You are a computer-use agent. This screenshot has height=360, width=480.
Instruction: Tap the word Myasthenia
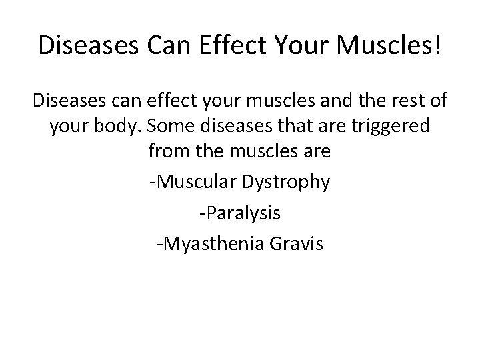tap(207, 244)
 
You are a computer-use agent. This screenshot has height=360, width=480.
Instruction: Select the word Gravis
tap(295, 244)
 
